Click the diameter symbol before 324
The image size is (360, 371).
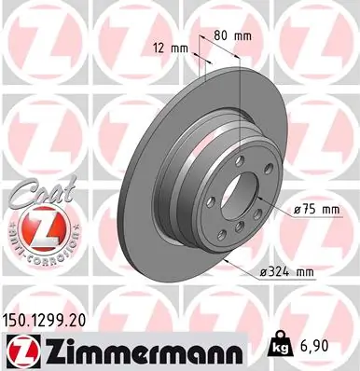(x=264, y=271)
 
